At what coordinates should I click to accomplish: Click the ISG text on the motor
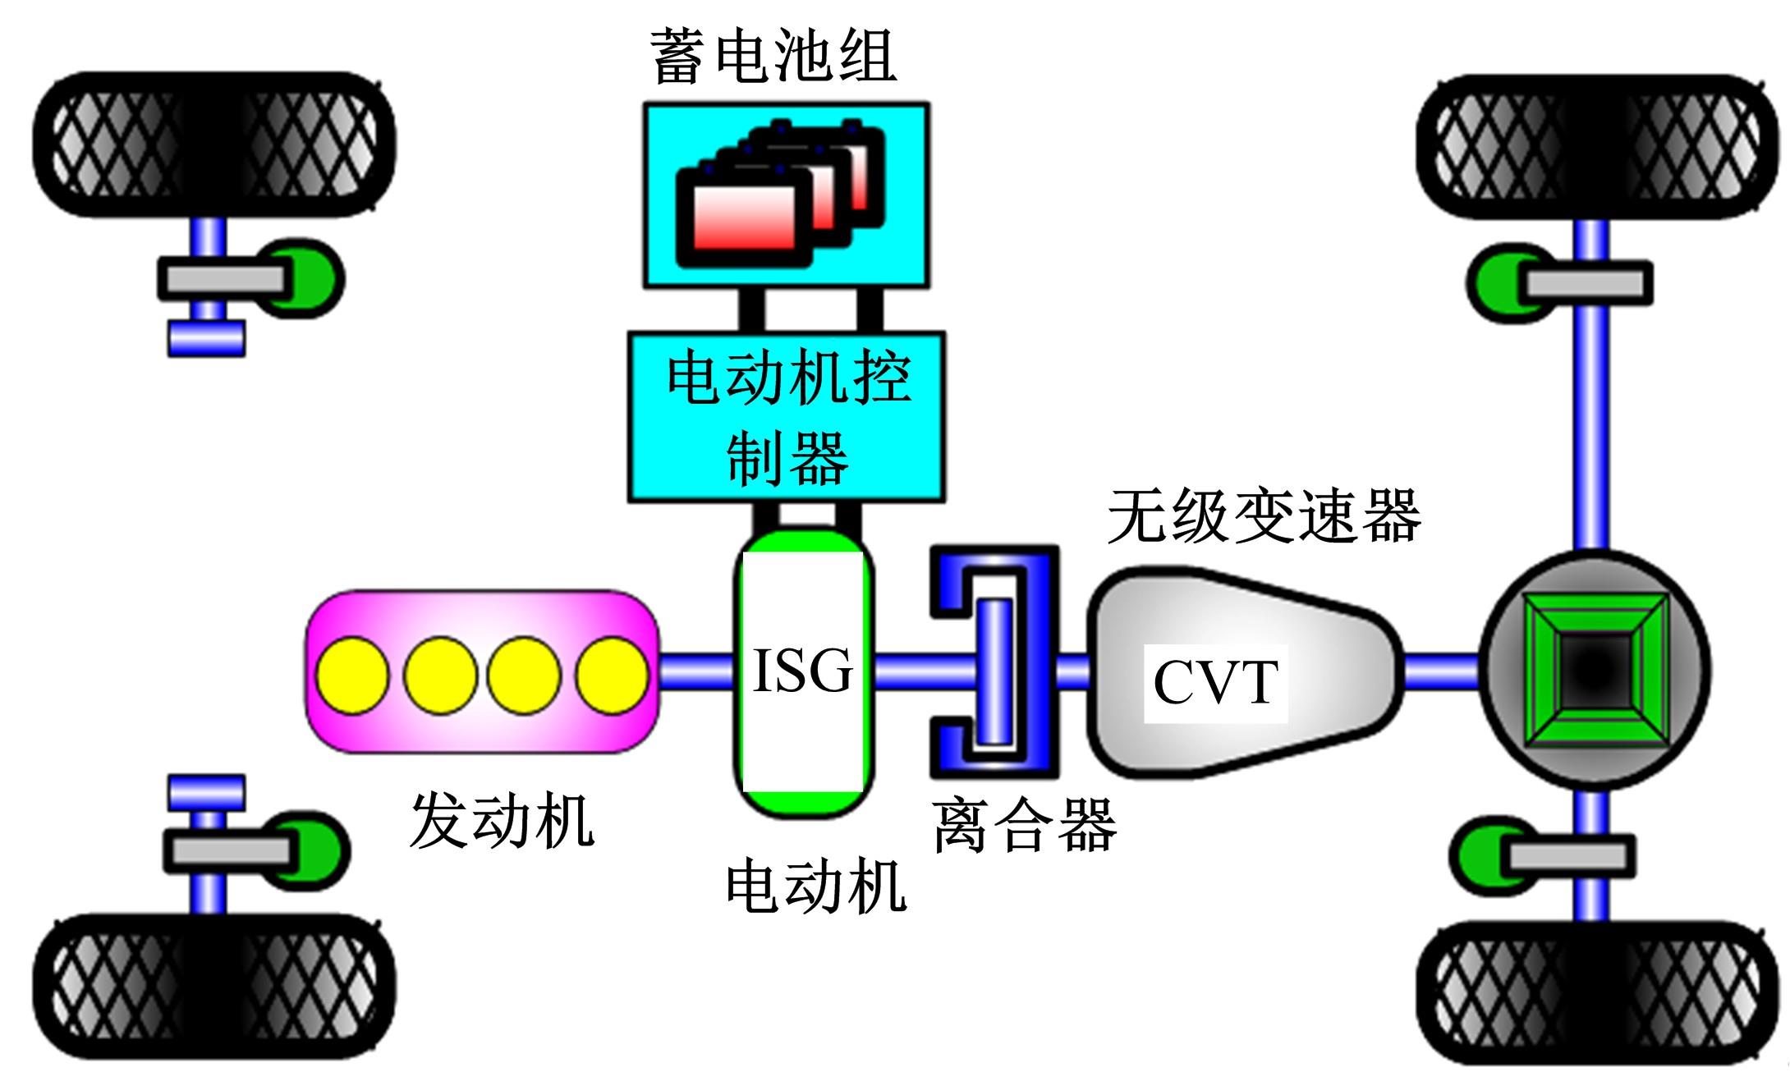pyautogui.click(x=802, y=671)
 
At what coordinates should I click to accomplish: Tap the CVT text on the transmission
pyautogui.click(x=1214, y=682)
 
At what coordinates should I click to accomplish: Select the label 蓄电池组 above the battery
pyautogui.click(x=773, y=56)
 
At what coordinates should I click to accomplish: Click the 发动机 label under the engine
pyautogui.click(x=501, y=821)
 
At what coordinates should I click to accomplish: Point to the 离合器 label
pyautogui.click(x=1025, y=825)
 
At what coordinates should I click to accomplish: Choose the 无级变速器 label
pyautogui.click(x=1264, y=516)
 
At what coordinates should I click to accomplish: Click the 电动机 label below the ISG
pyautogui.click(x=815, y=886)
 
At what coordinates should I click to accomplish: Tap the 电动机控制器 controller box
pyautogui.click(x=787, y=417)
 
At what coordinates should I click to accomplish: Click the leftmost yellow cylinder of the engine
pyautogui.click(x=353, y=675)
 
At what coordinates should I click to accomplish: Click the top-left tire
pyautogui.click(x=213, y=145)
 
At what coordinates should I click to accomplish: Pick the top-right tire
pyautogui.click(x=1593, y=148)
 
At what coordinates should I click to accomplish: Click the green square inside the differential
pyautogui.click(x=1595, y=671)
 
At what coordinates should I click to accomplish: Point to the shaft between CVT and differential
pyautogui.click(x=1441, y=671)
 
